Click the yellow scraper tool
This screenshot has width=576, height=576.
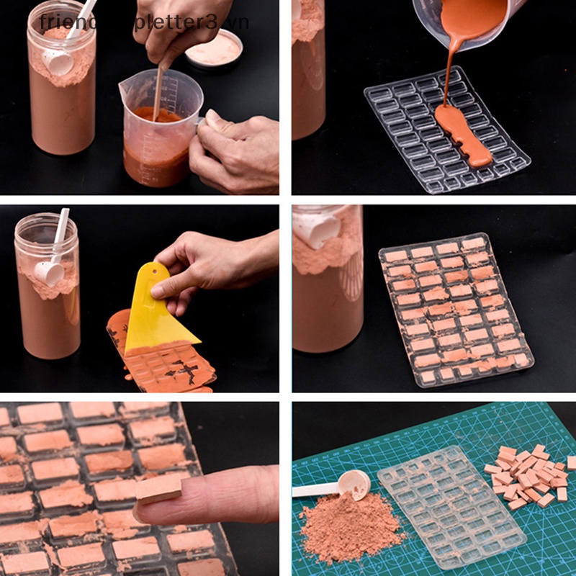pyautogui.click(x=158, y=317)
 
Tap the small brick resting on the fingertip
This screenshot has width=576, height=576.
pyautogui.click(x=159, y=489)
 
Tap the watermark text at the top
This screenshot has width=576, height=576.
pyautogui.click(x=144, y=22)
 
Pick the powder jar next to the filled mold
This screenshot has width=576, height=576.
pyautogui.click(x=328, y=281)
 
